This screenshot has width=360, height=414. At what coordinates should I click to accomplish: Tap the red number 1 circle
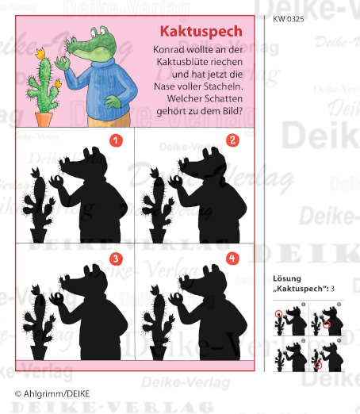click(117, 142)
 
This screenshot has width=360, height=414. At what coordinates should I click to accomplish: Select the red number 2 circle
click(232, 141)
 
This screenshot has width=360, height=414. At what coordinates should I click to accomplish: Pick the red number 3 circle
click(116, 259)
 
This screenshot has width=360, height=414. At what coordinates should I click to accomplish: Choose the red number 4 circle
click(232, 259)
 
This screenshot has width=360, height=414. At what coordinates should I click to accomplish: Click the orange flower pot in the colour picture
click(44, 117)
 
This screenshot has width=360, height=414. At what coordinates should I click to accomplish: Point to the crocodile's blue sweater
click(103, 87)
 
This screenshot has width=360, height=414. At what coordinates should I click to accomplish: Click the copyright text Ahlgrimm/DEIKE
click(52, 393)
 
